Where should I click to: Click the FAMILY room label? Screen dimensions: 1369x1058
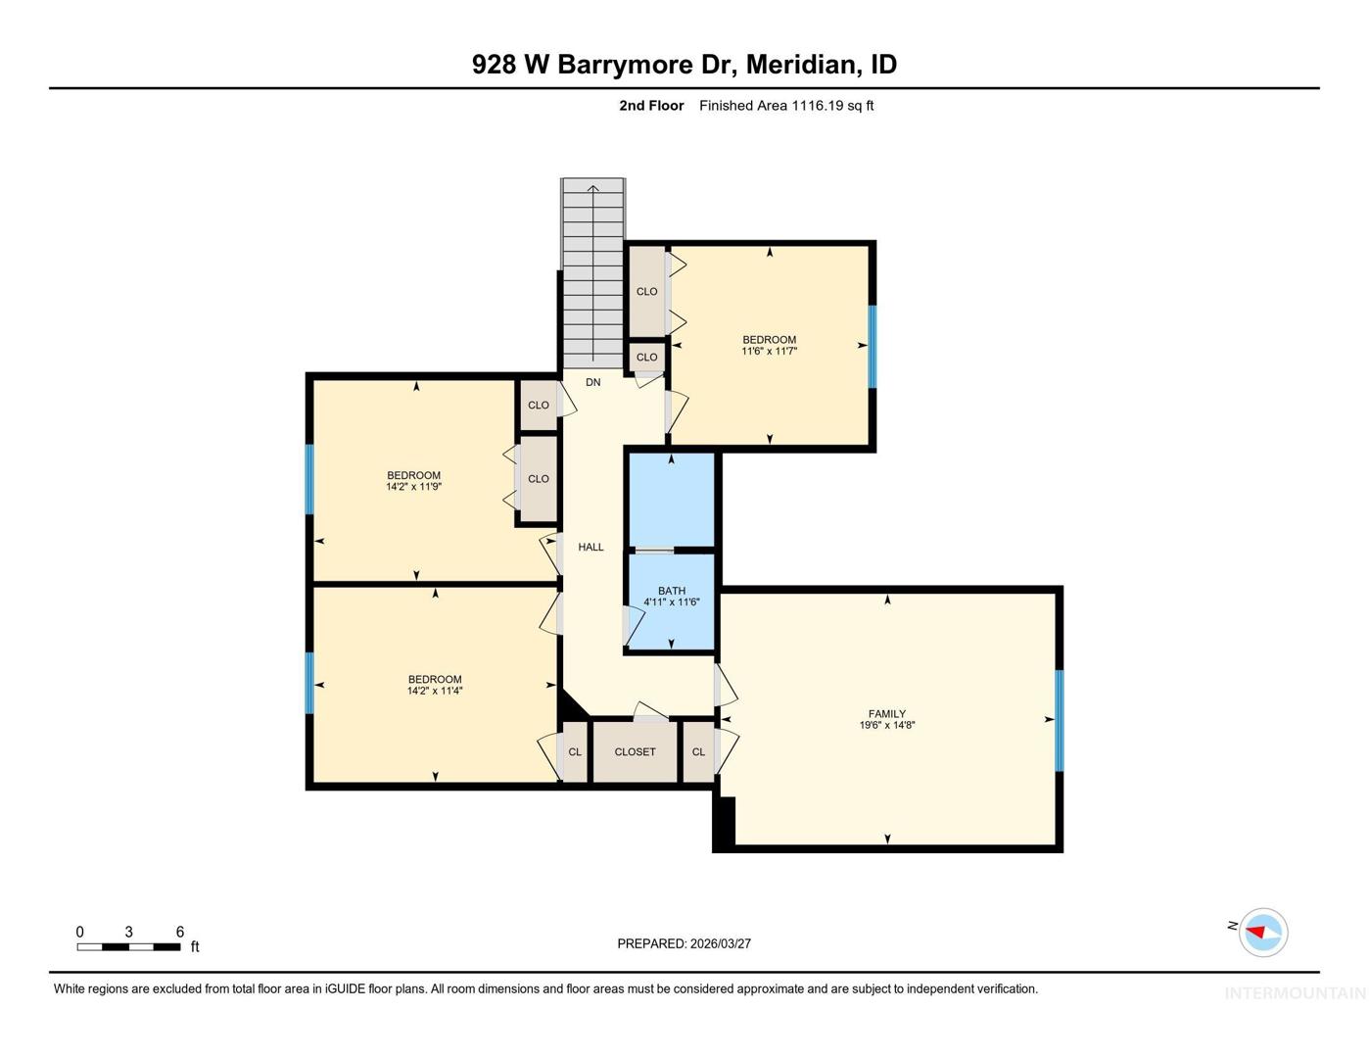pos(886,713)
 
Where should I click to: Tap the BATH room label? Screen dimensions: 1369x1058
pos(672,591)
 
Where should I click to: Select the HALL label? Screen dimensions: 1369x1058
pos(590,547)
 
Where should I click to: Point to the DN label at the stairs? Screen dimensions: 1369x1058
pos(592,382)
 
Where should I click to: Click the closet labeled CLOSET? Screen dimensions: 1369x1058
pos(635,751)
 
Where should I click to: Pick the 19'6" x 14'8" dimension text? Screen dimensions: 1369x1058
pos(887,725)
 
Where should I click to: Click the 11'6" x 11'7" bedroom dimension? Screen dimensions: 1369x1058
pos(770,351)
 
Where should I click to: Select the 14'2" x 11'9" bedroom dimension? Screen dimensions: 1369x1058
pos(414,487)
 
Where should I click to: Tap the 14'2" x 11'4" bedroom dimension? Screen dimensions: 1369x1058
pos(435,691)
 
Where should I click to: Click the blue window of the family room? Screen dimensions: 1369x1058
pos(1059,720)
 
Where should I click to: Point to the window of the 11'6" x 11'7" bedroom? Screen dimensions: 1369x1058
pos(873,346)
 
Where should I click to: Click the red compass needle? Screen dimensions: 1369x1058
pos(1255,932)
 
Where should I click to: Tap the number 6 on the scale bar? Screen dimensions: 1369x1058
pos(179,932)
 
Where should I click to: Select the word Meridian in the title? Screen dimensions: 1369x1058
pos(803,65)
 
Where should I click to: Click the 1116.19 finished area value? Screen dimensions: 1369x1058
pos(817,105)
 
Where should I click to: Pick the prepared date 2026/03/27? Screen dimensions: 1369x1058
pos(720,943)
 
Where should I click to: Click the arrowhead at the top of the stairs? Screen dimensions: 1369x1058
pos(592,187)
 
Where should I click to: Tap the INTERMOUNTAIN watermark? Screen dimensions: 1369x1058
pos(1296,993)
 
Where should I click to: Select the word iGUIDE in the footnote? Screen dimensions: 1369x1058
pos(346,988)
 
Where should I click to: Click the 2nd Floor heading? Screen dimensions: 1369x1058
pos(651,105)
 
